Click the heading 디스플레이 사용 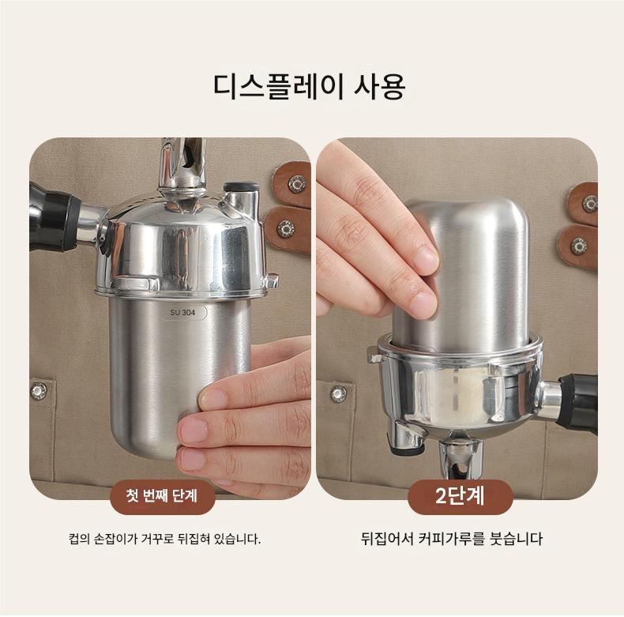[x=309, y=86]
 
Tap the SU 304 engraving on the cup [x=182, y=313]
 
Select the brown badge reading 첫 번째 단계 [x=162, y=497]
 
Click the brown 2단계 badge [x=460, y=497]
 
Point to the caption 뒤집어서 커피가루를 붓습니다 [x=452, y=539]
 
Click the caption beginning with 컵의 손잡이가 [x=164, y=540]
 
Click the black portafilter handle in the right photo [x=578, y=402]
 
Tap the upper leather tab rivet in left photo [x=297, y=184]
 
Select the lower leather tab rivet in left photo [x=285, y=229]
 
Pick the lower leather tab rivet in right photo [x=578, y=246]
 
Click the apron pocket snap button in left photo [x=39, y=391]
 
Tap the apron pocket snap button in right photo [x=338, y=393]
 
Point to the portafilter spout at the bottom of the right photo [x=461, y=457]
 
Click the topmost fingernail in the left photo [x=213, y=397]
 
